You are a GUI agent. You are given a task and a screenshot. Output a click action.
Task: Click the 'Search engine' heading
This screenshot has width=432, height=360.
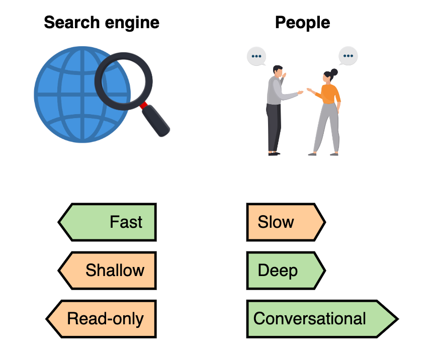point(102,23)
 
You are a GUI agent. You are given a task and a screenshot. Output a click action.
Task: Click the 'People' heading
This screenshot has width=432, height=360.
point(303,23)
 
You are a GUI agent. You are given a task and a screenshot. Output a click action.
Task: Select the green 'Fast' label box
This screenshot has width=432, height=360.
point(108,222)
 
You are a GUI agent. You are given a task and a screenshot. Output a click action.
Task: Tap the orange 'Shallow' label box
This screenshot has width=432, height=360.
point(108,271)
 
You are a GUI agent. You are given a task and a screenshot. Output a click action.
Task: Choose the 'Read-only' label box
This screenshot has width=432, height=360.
point(102,319)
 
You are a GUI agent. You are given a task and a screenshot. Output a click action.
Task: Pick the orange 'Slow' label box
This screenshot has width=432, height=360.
point(286,222)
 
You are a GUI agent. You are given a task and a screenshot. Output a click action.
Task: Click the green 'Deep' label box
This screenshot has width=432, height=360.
point(286,271)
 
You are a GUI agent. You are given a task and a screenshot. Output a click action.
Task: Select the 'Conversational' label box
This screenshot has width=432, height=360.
point(322,319)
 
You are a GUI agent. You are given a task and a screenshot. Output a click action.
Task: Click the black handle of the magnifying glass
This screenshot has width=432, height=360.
point(156,121)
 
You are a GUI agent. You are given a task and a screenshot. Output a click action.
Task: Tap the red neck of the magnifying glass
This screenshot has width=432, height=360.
point(143,105)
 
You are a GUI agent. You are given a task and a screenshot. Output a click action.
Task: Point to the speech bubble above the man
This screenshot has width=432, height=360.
point(256,56)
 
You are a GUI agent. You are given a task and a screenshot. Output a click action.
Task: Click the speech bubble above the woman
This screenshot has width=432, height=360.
point(348,56)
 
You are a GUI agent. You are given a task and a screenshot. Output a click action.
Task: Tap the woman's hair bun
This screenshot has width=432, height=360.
point(334,72)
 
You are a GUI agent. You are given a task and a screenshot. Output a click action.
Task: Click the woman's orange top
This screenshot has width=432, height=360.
point(329,94)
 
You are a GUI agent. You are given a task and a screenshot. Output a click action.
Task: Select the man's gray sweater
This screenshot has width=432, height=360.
point(276,91)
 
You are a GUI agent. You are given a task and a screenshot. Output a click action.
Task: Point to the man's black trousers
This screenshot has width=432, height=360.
point(274,127)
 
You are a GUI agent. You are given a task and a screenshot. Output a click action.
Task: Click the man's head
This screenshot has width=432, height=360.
point(278,71)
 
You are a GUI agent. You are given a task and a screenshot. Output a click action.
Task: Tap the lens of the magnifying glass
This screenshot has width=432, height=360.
point(123,81)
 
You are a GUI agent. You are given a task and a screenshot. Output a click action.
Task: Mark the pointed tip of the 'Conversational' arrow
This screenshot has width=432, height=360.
point(398,319)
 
